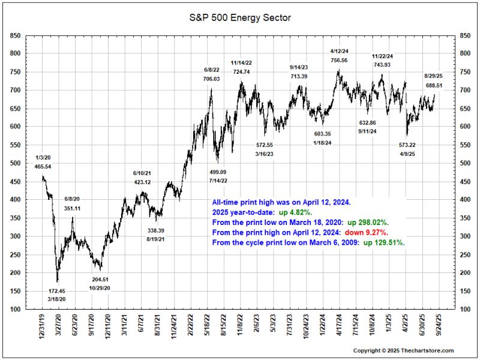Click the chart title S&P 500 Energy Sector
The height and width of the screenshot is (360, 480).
click(x=240, y=17)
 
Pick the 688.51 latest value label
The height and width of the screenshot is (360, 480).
click(x=434, y=86)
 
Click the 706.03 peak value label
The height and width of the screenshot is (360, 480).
click(x=212, y=79)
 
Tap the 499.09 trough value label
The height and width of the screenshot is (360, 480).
click(x=218, y=171)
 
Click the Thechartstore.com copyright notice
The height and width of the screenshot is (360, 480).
click(x=403, y=350)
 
